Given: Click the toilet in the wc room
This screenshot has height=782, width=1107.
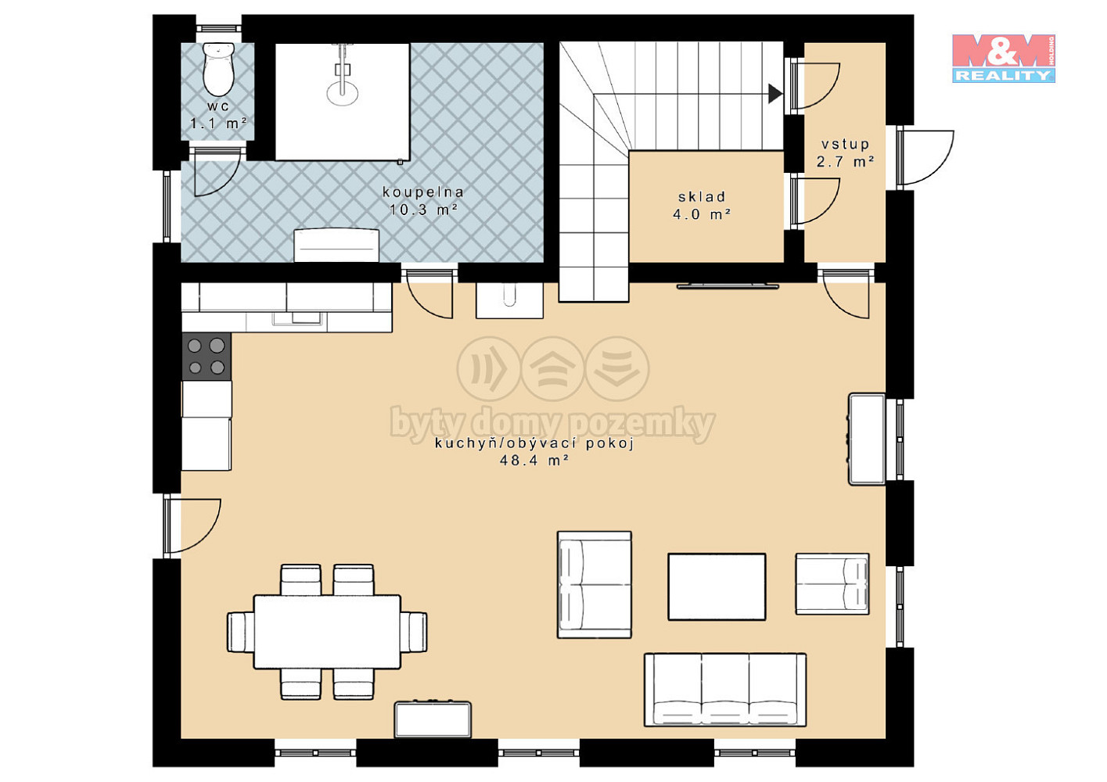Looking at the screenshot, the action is click(x=218, y=69).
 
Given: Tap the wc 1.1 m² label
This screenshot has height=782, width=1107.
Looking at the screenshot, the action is click(x=218, y=115).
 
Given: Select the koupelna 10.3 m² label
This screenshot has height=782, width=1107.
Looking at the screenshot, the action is click(x=423, y=200).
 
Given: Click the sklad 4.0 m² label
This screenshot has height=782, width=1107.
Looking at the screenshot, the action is click(x=702, y=206).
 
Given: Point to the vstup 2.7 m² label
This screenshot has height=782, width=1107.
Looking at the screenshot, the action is click(x=845, y=152).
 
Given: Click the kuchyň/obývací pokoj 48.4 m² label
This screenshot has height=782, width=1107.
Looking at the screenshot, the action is click(x=534, y=451).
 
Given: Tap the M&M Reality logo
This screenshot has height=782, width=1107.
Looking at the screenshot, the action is click(x=1004, y=58).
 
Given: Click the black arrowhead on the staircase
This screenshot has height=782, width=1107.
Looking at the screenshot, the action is click(x=775, y=93).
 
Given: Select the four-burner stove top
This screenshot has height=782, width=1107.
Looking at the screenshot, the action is click(x=207, y=356).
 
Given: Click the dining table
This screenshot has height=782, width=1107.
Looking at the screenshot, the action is click(x=327, y=632).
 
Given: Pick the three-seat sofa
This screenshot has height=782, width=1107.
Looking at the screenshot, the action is click(x=725, y=690).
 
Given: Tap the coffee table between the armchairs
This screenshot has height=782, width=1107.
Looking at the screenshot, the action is click(x=717, y=586).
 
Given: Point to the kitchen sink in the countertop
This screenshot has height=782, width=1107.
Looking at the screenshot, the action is click(x=299, y=318).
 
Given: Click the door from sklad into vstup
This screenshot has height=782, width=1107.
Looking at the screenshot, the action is click(x=815, y=201).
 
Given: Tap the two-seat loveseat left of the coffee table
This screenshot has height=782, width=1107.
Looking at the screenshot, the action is click(x=595, y=584).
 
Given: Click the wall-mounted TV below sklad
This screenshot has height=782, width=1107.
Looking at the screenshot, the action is click(x=728, y=285).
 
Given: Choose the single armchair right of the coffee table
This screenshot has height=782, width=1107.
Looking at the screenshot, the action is click(x=832, y=584).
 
